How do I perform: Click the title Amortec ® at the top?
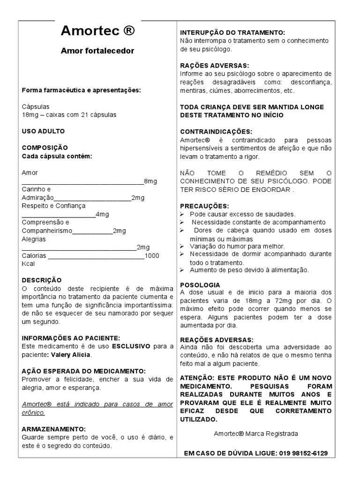pos(97,31)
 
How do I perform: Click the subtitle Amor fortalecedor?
pos(97,51)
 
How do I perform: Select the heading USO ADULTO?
pos(43,131)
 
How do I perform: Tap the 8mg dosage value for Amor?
pos(150,181)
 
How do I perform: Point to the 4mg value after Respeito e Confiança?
pos(102,214)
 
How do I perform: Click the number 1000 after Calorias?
pos(152,255)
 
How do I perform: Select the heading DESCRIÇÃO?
pos(41,279)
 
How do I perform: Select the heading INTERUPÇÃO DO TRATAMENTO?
pos(232,32)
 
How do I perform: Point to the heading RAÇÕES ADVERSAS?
pos(215,65)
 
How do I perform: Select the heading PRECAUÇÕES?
pos(205,206)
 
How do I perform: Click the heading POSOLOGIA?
pos(200,285)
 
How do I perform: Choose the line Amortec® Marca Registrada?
pos(255,434)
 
